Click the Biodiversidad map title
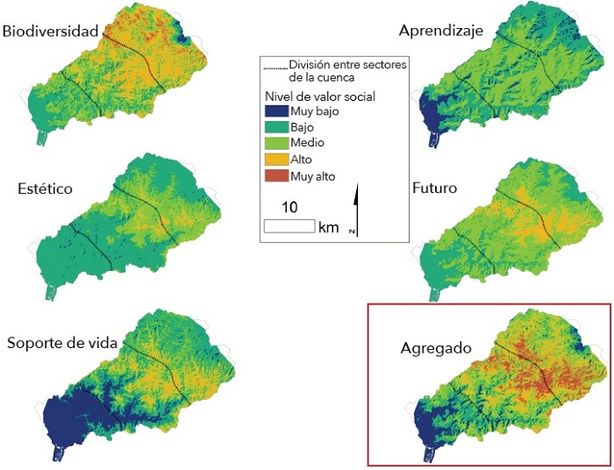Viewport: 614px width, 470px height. [50, 32]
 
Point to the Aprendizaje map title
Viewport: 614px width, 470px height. [441, 32]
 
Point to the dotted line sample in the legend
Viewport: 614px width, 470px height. [275, 66]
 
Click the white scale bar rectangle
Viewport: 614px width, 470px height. [289, 226]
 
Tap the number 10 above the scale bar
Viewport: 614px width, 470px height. [289, 207]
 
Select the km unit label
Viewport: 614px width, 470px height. [329, 227]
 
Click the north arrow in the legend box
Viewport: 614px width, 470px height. [355, 210]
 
